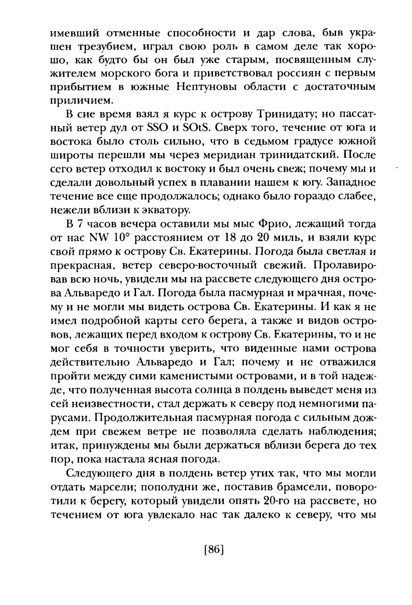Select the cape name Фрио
(x=261, y=224)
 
